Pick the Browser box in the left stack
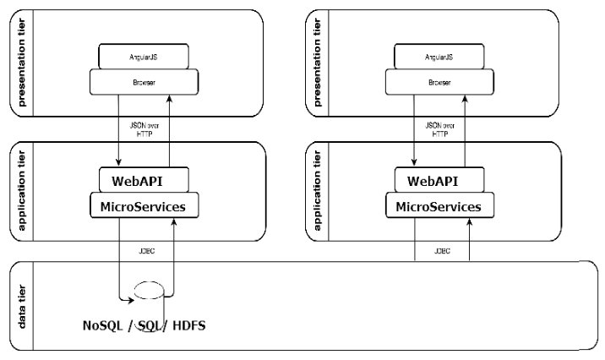(x=144, y=83)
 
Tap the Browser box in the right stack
(x=439, y=83)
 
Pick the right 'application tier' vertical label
(x=318, y=192)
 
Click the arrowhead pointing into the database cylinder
(x=131, y=298)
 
